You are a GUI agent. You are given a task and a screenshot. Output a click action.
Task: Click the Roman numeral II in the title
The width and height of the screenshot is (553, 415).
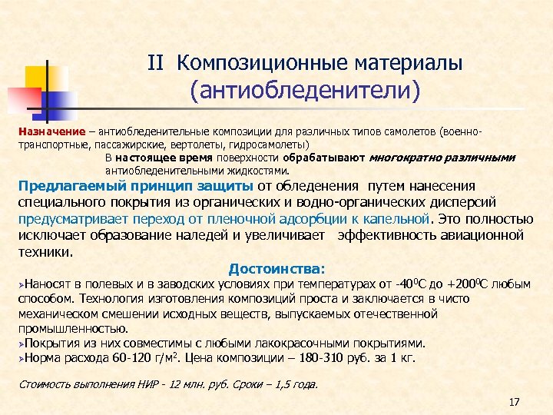point(157,61)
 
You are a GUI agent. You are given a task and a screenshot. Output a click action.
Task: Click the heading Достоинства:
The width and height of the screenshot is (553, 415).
point(276,269)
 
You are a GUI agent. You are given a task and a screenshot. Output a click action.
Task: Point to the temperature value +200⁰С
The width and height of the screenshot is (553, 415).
point(469,284)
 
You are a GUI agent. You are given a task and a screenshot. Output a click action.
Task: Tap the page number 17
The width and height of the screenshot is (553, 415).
point(515,402)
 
